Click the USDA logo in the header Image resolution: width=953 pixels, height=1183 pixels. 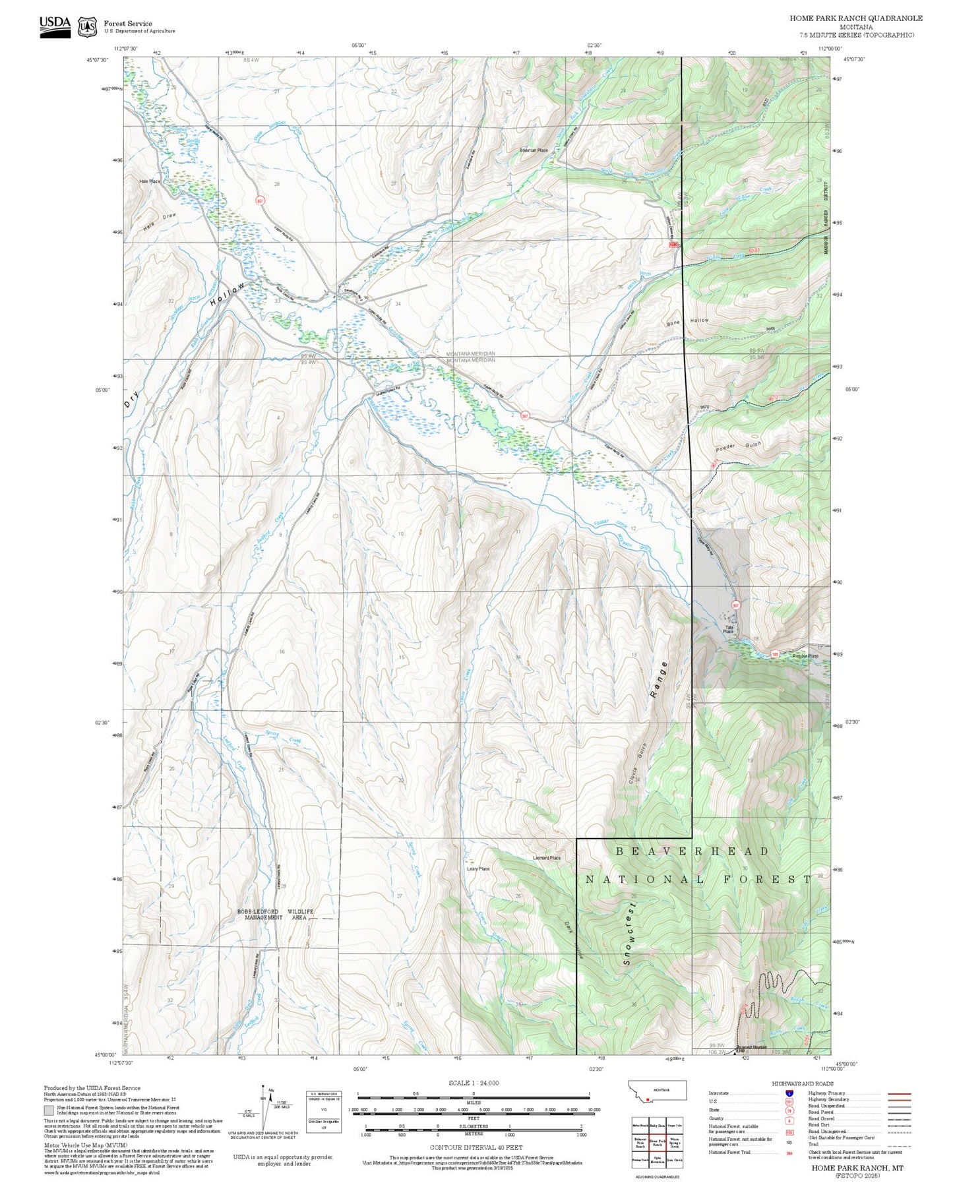click(55, 24)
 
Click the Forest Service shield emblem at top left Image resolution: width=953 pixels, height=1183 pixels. click(86, 26)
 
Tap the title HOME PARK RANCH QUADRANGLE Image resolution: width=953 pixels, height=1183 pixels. click(856, 18)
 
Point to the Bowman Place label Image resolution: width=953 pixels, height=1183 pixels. click(533, 150)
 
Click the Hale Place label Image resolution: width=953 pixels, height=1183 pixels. click(150, 181)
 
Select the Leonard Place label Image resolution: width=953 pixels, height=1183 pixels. click(546, 858)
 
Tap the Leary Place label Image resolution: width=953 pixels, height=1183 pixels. click(478, 868)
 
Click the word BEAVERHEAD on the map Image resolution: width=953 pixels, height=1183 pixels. click(692, 851)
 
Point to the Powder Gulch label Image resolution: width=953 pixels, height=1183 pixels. click(739, 447)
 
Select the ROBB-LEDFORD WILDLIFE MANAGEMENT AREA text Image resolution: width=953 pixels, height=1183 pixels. click(275, 914)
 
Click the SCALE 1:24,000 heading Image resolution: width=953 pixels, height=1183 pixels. click(474, 1083)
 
